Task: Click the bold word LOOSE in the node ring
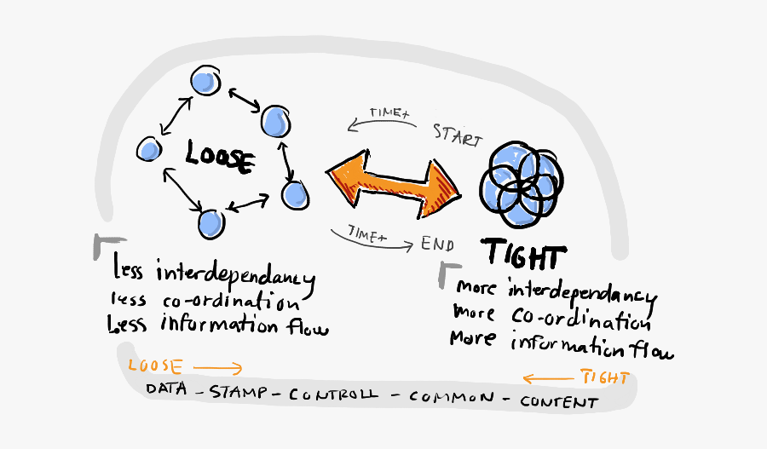pyautogui.click(x=220, y=158)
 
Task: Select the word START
pyautogui.click(x=457, y=135)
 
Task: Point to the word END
pyautogui.click(x=436, y=244)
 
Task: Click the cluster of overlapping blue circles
pyautogui.click(x=517, y=180)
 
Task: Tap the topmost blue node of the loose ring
pyautogui.click(x=205, y=81)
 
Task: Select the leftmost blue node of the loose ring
pyautogui.click(x=150, y=150)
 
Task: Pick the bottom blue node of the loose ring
pyautogui.click(x=210, y=223)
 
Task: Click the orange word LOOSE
pyautogui.click(x=154, y=367)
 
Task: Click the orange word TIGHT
pyautogui.click(x=604, y=377)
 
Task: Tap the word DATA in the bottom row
pyautogui.click(x=167, y=389)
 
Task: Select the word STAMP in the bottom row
pyautogui.click(x=239, y=392)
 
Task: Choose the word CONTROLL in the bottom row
pyautogui.click(x=335, y=394)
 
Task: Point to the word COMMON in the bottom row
pyautogui.click(x=451, y=398)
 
